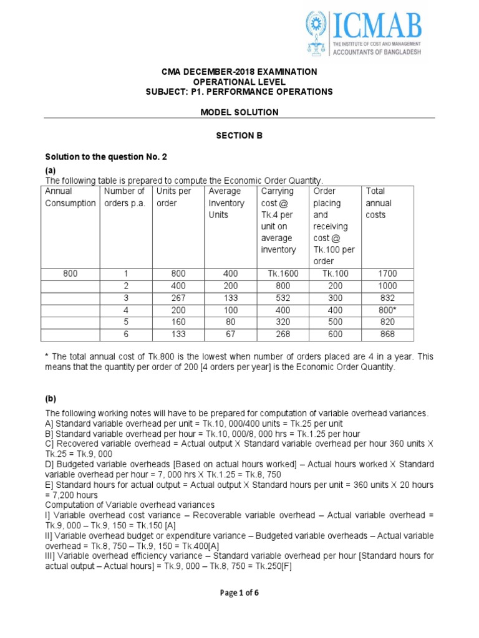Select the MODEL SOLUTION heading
(239, 112)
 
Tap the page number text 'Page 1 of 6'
(239, 593)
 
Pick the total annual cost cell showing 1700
(387, 274)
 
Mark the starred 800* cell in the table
(387, 310)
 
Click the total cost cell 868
(387, 334)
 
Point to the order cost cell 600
(334, 334)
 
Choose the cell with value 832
(387, 298)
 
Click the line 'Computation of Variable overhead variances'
(130, 505)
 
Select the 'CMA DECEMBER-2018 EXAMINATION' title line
(239, 72)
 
